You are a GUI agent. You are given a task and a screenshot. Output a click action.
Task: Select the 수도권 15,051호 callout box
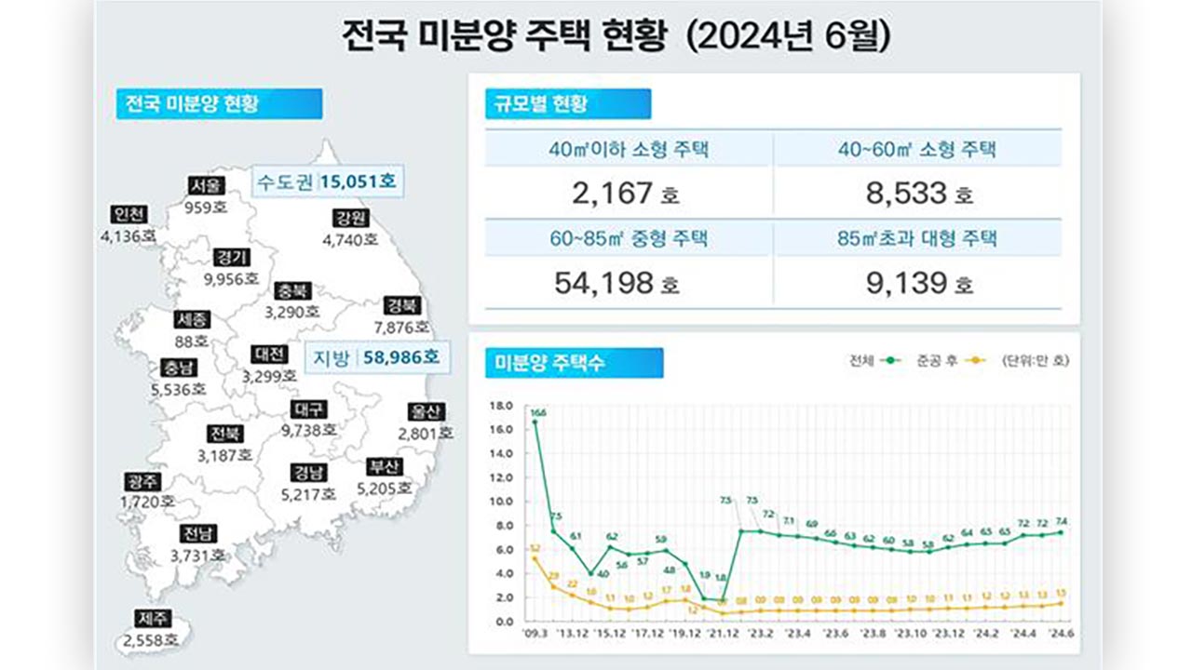(x=328, y=181)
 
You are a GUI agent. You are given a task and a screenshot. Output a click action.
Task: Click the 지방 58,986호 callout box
(x=378, y=355)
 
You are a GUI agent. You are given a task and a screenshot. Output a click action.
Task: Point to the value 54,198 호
(x=616, y=283)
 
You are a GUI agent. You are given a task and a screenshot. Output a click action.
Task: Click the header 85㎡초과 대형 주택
(x=917, y=238)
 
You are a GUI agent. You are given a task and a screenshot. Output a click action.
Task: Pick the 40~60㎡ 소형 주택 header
(x=917, y=149)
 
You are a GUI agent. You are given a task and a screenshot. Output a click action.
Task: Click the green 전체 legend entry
(x=873, y=360)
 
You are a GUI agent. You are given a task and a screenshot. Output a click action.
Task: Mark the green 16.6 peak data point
(x=535, y=422)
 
